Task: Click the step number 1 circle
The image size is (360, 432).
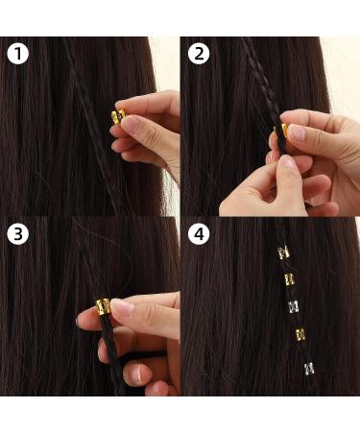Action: (18, 54)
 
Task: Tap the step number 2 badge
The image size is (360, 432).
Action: (199, 54)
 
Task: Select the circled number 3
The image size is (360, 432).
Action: (18, 233)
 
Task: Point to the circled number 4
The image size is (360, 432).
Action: (199, 233)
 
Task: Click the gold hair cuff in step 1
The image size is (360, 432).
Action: (118, 116)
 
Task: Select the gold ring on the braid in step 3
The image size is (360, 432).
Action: (102, 308)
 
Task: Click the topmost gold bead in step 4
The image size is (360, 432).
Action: (284, 253)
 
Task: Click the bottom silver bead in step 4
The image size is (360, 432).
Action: (309, 368)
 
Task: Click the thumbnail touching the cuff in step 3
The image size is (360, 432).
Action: (121, 308)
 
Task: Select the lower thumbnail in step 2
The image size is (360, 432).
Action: (287, 163)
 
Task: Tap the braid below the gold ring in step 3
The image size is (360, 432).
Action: (108, 355)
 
